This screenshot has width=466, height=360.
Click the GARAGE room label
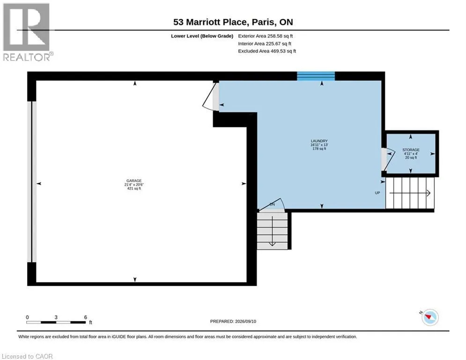(134, 180)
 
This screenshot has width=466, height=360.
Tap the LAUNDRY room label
(319, 141)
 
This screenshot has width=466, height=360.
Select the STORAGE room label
(411, 150)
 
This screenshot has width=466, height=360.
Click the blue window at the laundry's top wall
(316, 76)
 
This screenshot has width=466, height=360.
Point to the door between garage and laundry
(212, 97)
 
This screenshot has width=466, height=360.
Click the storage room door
(388, 160)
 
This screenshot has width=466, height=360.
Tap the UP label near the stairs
(377, 193)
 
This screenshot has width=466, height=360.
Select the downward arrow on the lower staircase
(272, 231)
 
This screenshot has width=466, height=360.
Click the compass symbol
(430, 317)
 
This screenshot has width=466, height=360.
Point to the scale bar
(56, 322)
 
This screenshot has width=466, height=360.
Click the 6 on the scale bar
(86, 317)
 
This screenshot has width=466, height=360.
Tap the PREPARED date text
(233, 321)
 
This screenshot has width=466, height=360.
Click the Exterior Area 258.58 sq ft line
(266, 36)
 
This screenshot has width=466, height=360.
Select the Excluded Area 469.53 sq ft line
(267, 51)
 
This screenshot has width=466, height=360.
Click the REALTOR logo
(28, 32)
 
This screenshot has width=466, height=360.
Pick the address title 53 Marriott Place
(210, 22)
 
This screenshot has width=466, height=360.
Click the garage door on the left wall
(32, 182)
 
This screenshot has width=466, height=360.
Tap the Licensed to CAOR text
(27, 356)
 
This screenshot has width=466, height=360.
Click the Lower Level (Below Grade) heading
(202, 36)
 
